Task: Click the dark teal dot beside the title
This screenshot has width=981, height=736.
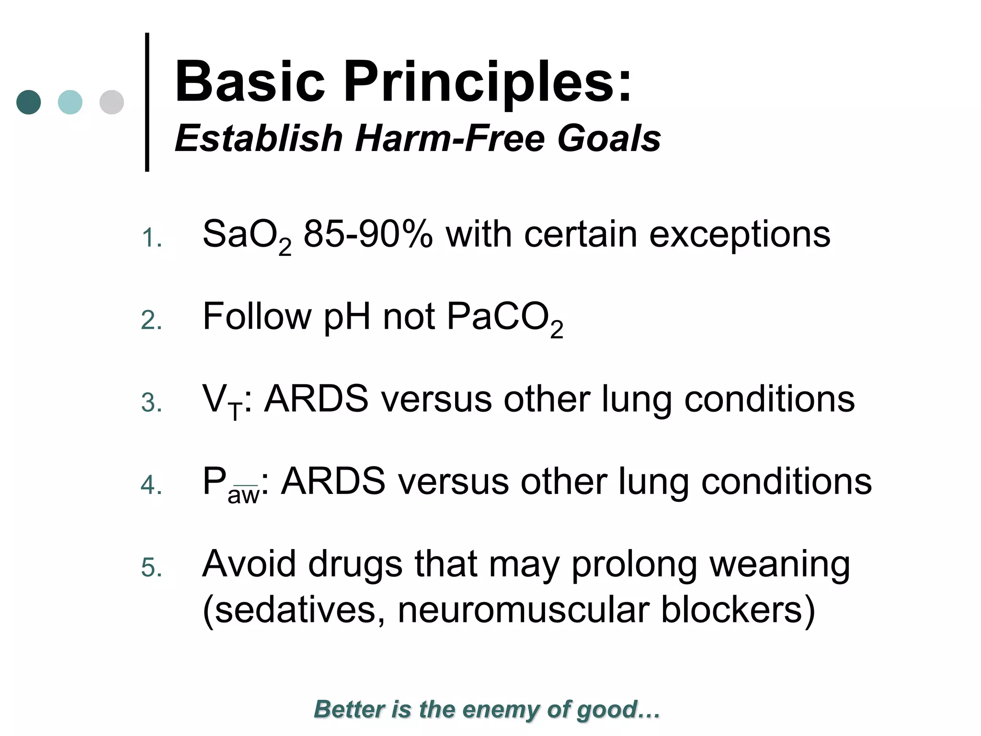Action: [29, 102]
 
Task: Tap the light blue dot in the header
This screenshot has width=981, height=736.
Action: [70, 102]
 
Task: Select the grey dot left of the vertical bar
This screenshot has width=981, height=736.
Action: [112, 102]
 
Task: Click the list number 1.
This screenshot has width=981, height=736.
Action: [151, 238]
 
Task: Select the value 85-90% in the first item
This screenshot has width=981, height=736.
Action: [368, 235]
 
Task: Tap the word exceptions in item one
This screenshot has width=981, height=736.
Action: [740, 235]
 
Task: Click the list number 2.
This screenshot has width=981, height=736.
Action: [151, 320]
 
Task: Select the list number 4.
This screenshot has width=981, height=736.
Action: [151, 485]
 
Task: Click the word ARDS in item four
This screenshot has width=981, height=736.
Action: [333, 482]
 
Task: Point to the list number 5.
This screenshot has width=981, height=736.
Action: [151, 568]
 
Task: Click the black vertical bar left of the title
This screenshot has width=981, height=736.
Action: [147, 102]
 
